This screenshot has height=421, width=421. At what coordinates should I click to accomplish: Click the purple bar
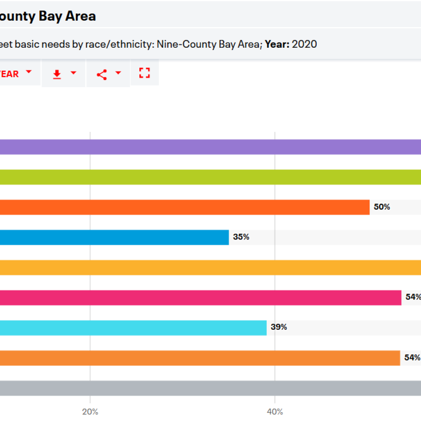[210, 147]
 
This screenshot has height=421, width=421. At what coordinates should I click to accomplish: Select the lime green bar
[210, 177]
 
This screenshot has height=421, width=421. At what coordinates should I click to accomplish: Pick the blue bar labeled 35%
[114, 237]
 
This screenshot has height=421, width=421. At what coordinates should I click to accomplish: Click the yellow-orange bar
[210, 267]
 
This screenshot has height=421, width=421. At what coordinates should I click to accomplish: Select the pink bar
[201, 298]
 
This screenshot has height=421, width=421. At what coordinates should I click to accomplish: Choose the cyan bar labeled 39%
[133, 327]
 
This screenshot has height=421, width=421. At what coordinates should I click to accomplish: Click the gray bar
[210, 388]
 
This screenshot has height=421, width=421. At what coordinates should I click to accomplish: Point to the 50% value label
[382, 207]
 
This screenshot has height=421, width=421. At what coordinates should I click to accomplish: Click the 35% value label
[241, 237]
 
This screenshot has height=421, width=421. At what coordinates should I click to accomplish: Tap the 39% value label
[279, 327]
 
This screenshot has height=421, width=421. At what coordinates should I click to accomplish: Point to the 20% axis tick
[90, 412]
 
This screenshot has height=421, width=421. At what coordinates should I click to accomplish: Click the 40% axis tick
[275, 412]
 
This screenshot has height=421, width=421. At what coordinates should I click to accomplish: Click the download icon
[57, 74]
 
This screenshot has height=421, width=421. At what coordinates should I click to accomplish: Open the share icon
[102, 74]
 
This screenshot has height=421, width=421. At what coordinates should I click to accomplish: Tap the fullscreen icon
[145, 73]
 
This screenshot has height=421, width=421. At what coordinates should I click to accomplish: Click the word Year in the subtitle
[276, 44]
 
